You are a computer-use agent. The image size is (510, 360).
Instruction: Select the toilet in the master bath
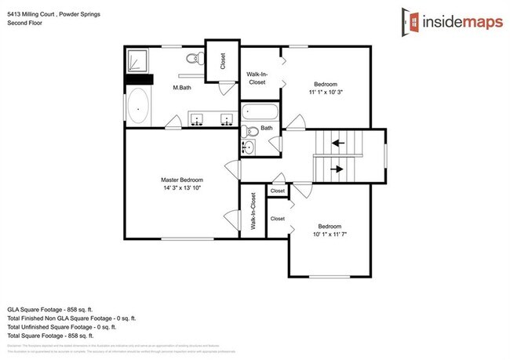pos(195,59)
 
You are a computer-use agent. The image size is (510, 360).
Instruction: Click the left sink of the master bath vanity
pos(198,119)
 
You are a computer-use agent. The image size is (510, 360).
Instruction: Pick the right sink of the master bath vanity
pos(226,119)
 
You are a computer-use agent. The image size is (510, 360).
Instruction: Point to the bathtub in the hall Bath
pos(260,113)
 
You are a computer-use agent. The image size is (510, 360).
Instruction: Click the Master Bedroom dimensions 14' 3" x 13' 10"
pos(181,188)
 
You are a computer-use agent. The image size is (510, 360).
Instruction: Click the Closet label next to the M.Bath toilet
pos(223,61)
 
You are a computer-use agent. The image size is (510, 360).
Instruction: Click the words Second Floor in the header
pos(25,24)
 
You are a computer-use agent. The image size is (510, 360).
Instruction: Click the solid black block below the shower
pos(138,78)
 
